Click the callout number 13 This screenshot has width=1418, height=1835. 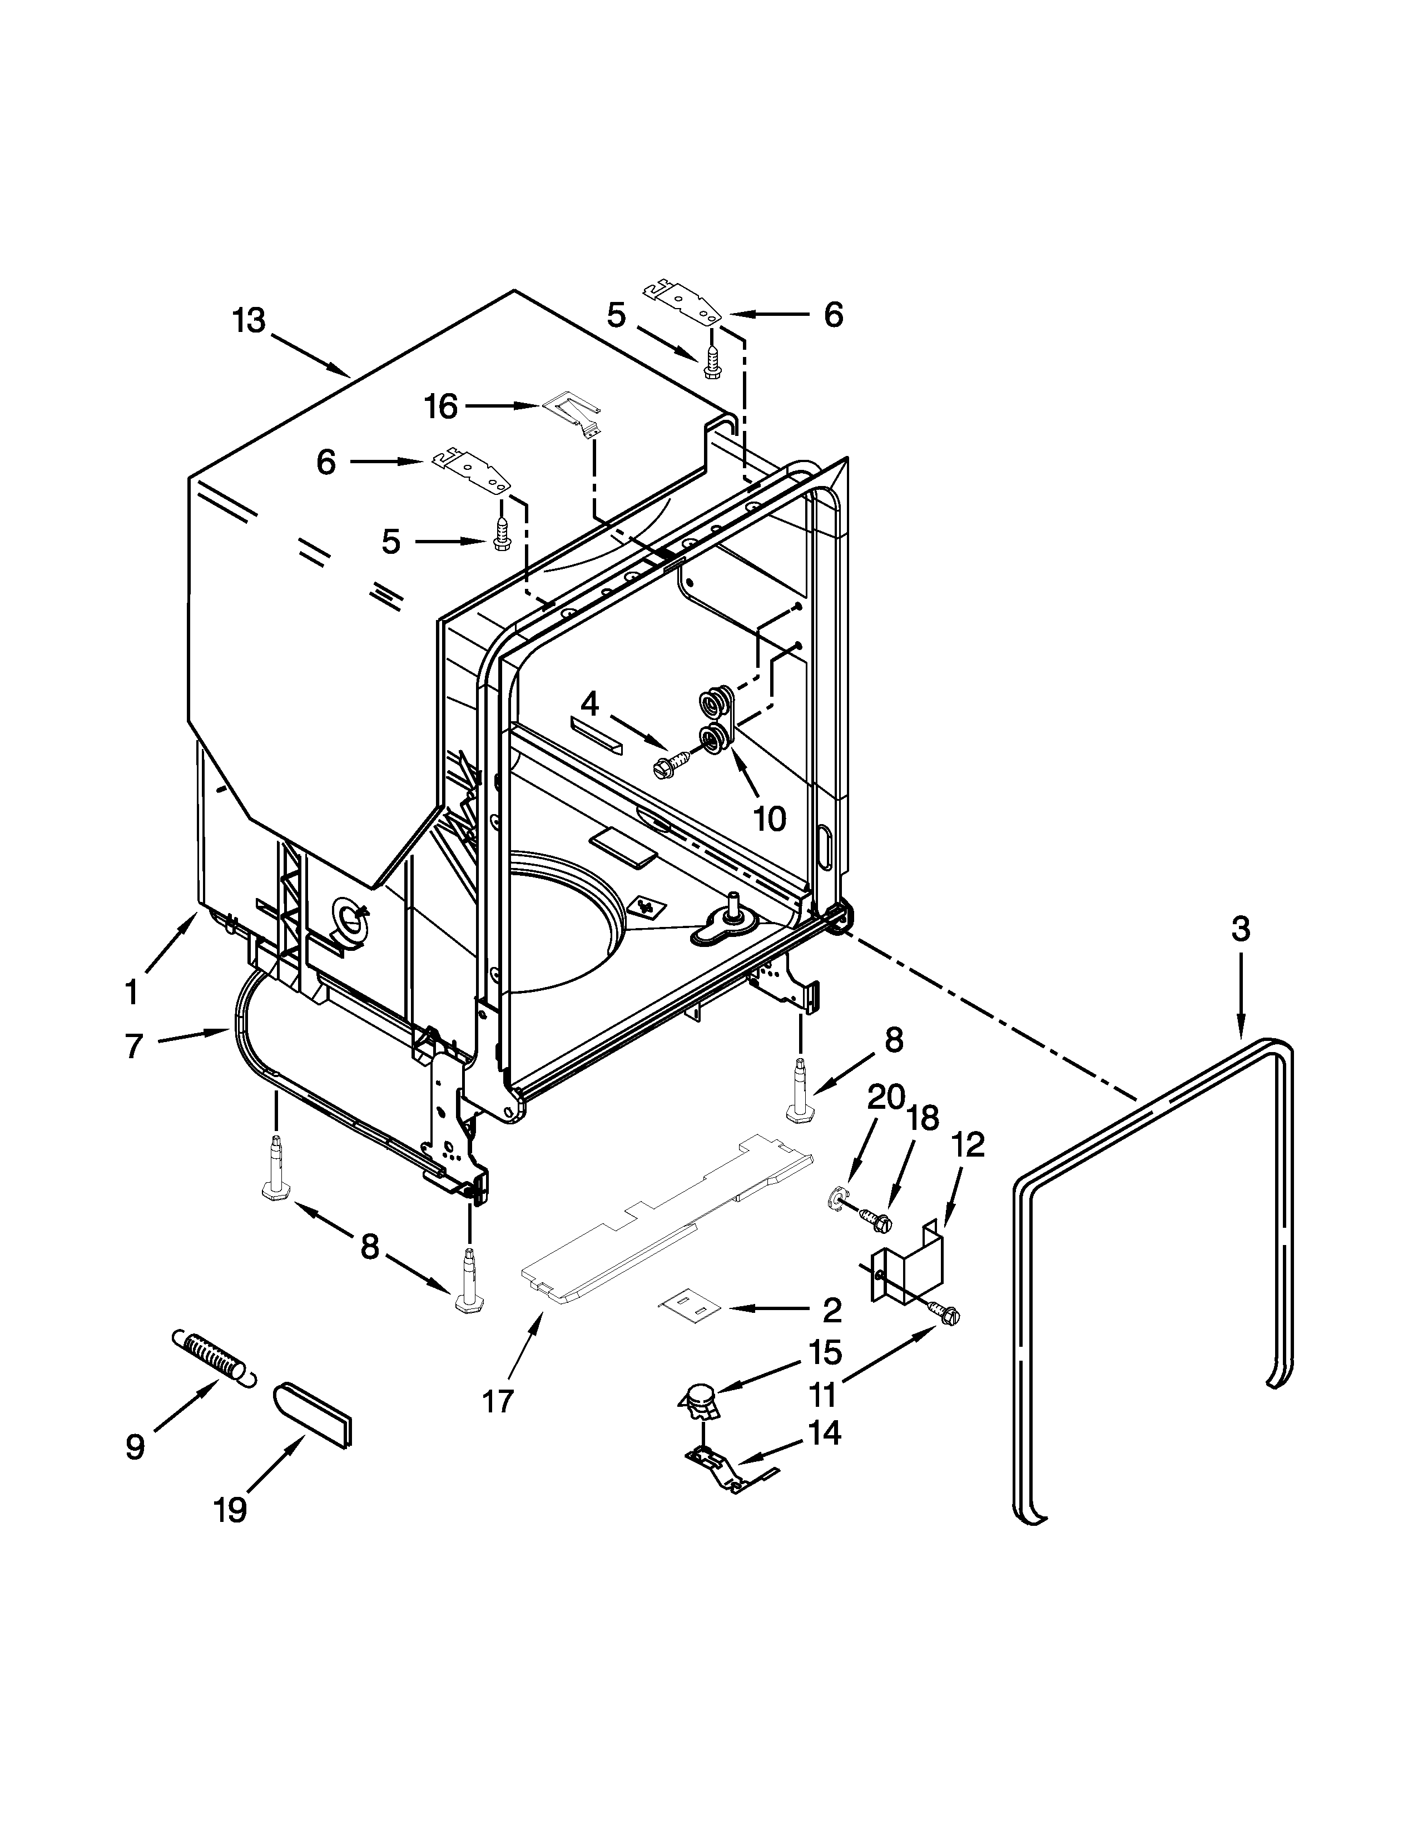(x=250, y=321)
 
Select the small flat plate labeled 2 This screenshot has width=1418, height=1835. (x=691, y=1309)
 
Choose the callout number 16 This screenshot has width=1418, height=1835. (x=440, y=406)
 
